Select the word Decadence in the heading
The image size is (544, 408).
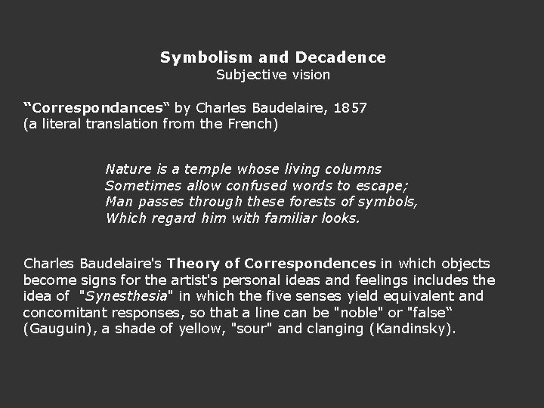341,57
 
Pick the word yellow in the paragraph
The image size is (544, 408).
203,330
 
